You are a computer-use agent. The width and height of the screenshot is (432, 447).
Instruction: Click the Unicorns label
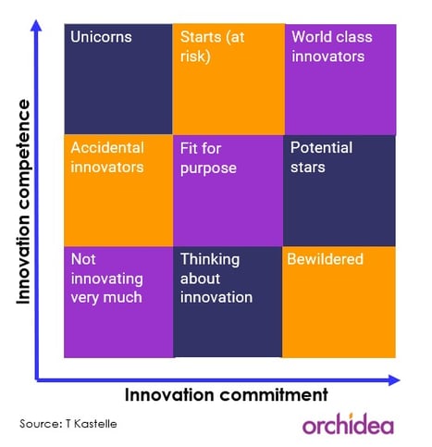[101, 37]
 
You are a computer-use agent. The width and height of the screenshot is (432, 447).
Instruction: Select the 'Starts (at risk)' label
[213, 46]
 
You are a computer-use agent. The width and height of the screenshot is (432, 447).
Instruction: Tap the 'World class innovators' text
[332, 46]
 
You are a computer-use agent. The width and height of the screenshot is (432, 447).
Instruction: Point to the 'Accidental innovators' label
[107, 157]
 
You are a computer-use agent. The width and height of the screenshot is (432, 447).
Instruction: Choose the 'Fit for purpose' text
[208, 158]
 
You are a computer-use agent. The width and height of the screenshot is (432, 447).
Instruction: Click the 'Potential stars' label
[321, 157]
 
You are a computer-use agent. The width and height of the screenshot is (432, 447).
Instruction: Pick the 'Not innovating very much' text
[107, 279]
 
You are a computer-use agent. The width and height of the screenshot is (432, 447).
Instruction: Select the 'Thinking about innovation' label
[216, 279]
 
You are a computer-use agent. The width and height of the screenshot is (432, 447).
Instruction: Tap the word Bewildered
[325, 259]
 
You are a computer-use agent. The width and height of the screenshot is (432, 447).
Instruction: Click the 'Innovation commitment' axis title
[227, 395]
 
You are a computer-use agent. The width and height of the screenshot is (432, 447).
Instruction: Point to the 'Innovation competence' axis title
[24, 202]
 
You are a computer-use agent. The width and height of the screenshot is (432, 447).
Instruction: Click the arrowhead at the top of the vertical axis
[36, 25]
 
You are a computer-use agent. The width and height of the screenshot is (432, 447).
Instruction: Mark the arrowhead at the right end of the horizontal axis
[394, 380]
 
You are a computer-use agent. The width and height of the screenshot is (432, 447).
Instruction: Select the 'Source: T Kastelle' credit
[68, 424]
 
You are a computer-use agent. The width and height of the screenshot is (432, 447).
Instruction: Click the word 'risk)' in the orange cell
[195, 56]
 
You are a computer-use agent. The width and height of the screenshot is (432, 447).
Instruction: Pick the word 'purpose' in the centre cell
[208, 169]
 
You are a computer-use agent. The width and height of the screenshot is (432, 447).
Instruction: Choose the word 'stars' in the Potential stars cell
[308, 168]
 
